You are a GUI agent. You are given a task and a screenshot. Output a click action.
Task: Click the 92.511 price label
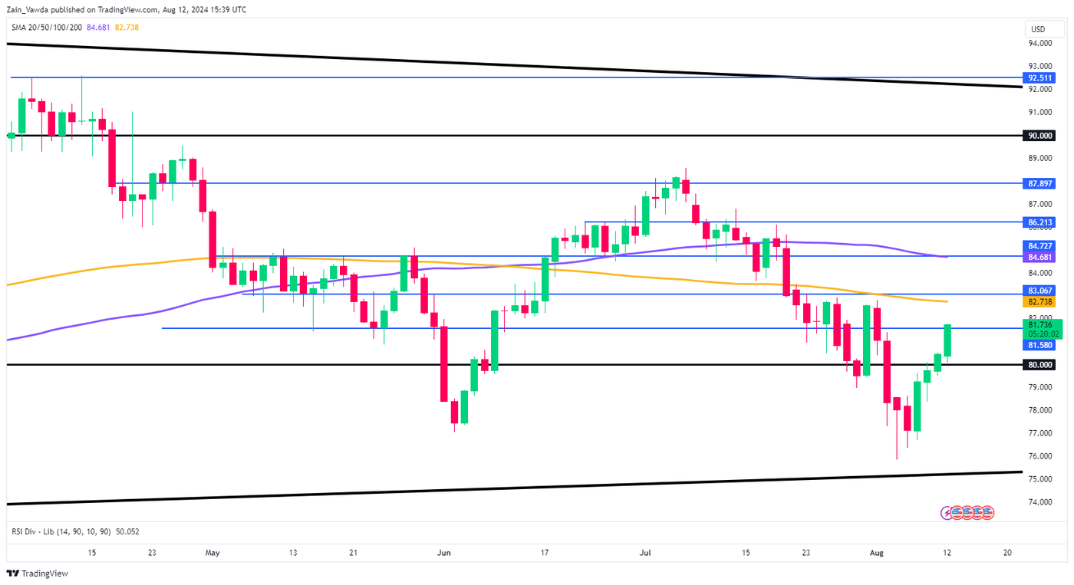1041,77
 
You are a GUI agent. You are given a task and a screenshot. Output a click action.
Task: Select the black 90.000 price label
1041,135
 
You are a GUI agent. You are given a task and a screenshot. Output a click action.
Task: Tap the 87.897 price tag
1041,184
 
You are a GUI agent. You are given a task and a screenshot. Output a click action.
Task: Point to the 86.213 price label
1041,222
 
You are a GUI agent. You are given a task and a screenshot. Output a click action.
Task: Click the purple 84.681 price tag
1041,258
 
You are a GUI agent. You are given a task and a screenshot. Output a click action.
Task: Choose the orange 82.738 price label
1041,302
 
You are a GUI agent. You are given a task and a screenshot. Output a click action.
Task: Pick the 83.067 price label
1041,291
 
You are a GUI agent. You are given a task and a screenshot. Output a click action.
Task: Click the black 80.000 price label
1041,365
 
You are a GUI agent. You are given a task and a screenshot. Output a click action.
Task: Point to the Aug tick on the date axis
881,552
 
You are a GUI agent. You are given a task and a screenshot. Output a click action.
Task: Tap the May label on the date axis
213,552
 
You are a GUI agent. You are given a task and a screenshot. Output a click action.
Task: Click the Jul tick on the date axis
645,552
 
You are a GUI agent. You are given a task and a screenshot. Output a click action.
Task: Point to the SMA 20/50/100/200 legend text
47,28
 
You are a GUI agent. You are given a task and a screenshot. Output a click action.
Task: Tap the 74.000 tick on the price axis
1041,502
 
